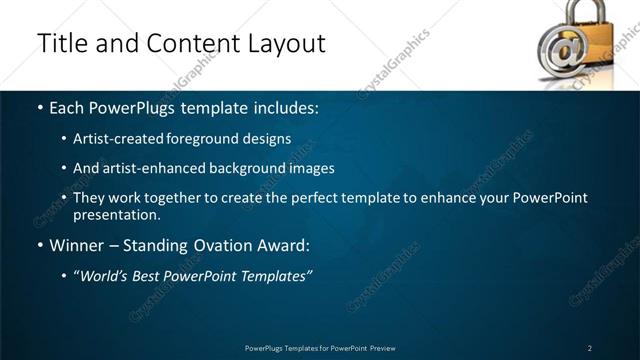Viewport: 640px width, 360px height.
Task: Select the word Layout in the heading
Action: tap(283, 44)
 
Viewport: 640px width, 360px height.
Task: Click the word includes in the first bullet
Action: tap(288, 108)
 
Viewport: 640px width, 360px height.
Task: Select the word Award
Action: tap(284, 246)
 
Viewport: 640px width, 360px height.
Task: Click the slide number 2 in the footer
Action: tap(590, 348)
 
